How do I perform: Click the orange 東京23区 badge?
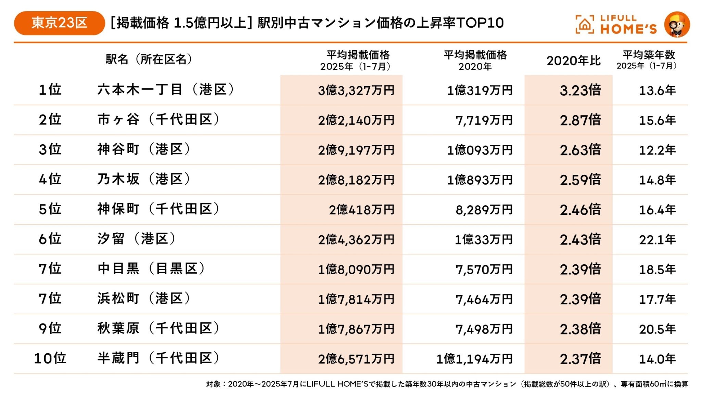point(59,23)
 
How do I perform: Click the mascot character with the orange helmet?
point(677,24)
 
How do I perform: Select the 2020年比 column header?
point(573,61)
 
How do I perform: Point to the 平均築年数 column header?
point(648,60)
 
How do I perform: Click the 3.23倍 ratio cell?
point(580,90)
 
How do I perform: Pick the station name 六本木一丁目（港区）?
point(166,90)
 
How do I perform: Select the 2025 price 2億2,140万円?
point(356,120)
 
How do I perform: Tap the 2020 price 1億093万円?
point(480,150)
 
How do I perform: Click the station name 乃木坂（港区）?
point(144,179)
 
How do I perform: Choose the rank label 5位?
point(50,209)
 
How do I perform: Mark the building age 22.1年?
point(657,239)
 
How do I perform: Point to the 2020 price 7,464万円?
point(484,299)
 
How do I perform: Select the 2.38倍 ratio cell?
point(580,329)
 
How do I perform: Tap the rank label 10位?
point(50,358)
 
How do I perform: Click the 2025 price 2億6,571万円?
point(356,359)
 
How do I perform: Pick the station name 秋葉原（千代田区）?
point(158,328)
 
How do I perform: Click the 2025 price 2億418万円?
point(361,210)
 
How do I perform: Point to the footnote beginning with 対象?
point(447,384)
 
